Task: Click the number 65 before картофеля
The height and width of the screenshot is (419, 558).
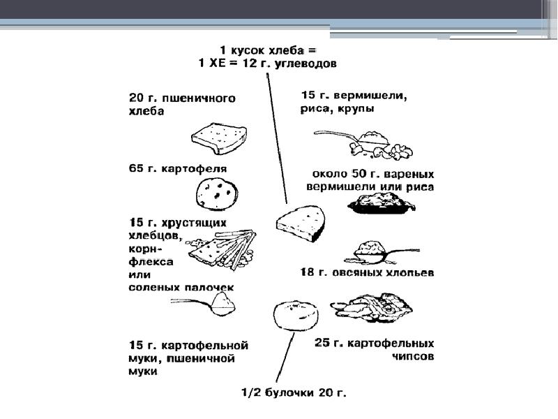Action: click(137, 168)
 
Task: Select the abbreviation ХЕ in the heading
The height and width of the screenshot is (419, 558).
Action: click(218, 63)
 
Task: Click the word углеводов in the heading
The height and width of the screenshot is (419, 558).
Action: click(303, 63)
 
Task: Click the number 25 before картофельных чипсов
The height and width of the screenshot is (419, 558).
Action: click(322, 343)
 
